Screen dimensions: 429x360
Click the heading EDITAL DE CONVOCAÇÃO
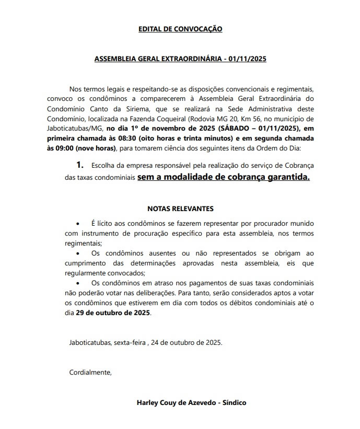180,29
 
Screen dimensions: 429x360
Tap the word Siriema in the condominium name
137,107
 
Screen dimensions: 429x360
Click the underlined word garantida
287,177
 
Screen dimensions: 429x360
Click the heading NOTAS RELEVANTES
180,208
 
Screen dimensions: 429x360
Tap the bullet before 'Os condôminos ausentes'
78,253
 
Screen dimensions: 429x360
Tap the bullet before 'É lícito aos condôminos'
78,223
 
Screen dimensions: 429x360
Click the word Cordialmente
90,373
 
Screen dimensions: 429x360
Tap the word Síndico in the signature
234,403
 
